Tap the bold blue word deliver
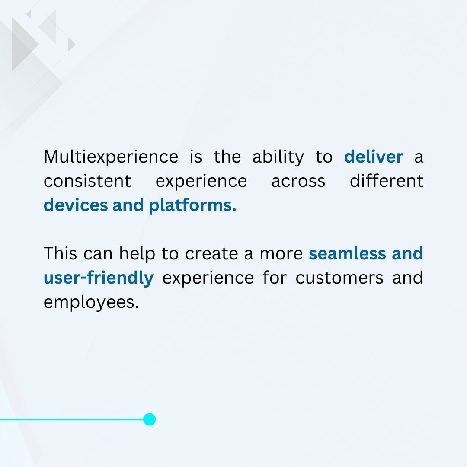[x=374, y=157]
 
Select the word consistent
[x=87, y=181]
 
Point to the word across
[x=298, y=181]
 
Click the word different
[x=386, y=181]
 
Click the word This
[x=60, y=254]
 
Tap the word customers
[x=339, y=278]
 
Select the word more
[x=281, y=254]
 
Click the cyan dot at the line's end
[x=149, y=419]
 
